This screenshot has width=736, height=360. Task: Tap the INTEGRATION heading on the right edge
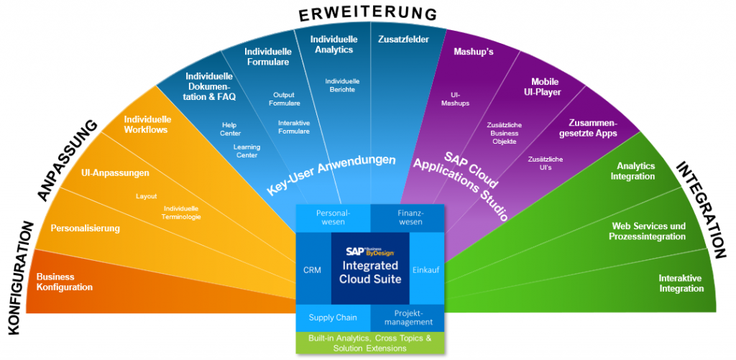701,208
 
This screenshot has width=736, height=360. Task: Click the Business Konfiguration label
65,282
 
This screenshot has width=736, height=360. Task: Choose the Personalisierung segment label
85,229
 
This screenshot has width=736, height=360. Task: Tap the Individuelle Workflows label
147,124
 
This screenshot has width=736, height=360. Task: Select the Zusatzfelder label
403,40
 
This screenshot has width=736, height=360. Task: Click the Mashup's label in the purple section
473,52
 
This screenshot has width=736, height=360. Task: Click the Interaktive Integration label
681,283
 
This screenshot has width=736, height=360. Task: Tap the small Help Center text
231,129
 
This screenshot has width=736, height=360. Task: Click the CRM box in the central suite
312,269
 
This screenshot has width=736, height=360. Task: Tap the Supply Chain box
332,317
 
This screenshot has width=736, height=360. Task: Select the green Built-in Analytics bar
369,343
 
